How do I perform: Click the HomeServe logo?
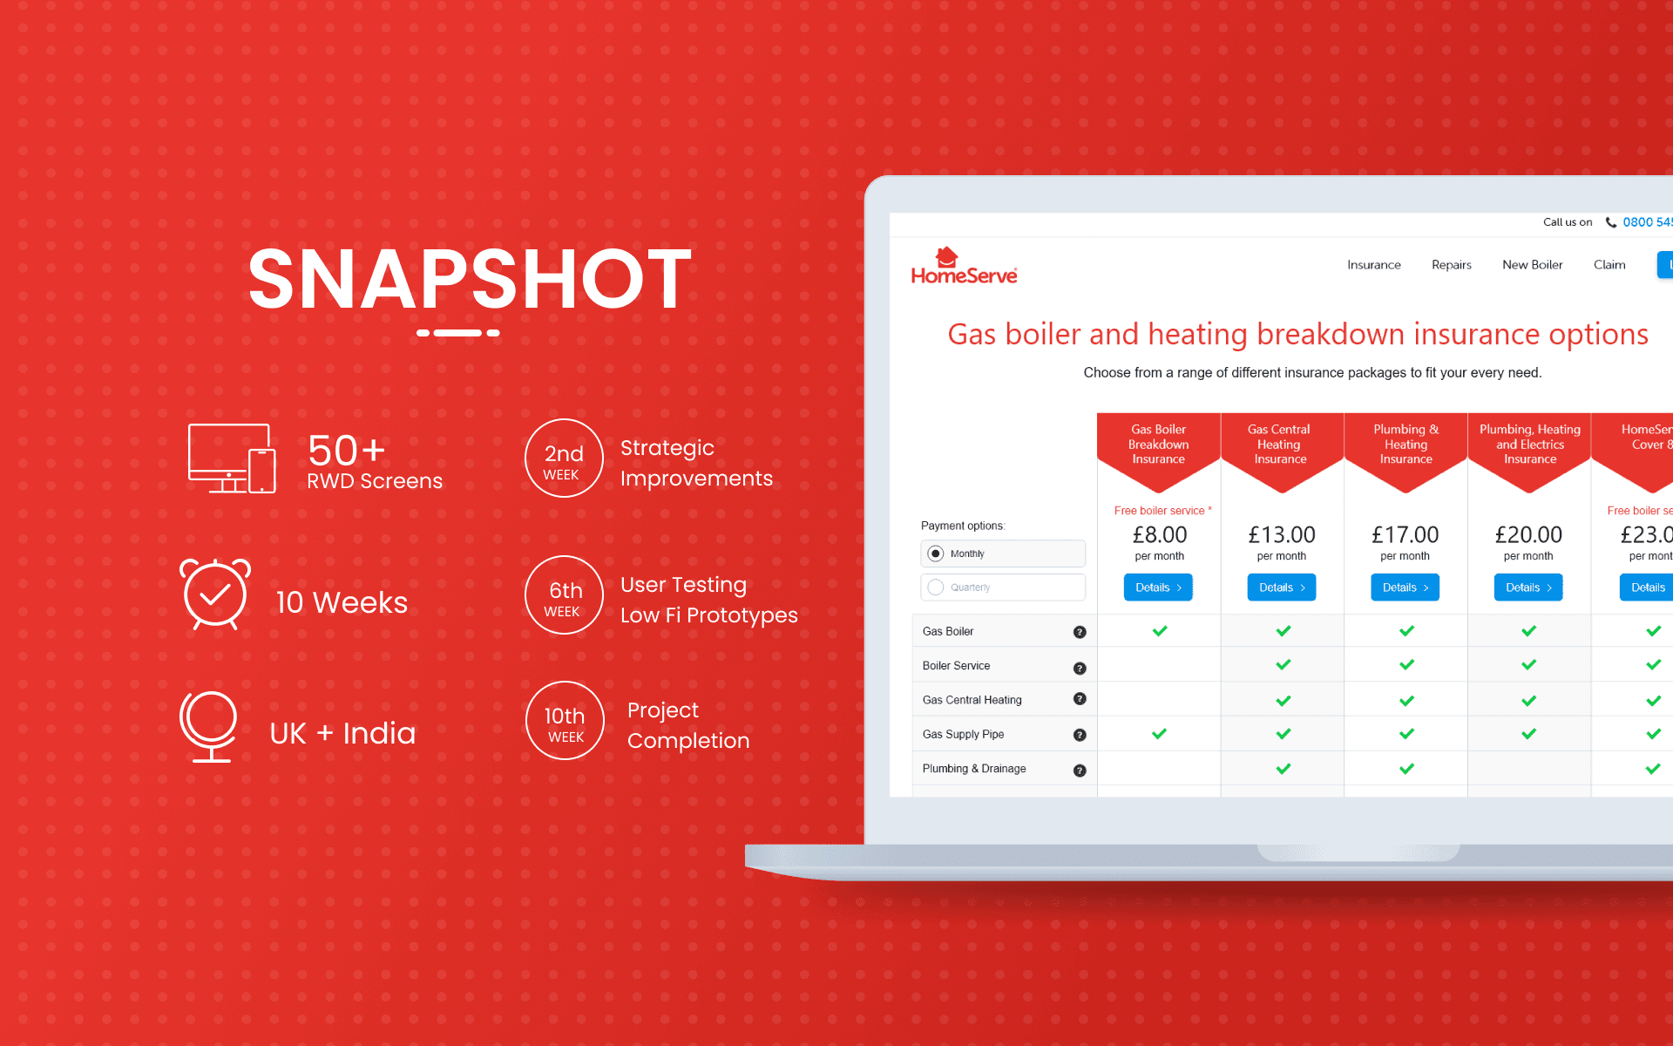click(x=964, y=267)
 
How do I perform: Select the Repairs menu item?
click(x=1451, y=265)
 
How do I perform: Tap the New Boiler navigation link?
click(x=1532, y=265)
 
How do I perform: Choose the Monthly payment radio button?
click(x=936, y=554)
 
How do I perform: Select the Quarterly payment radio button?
click(x=936, y=588)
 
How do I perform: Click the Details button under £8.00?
click(x=1158, y=588)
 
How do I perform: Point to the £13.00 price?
click(x=1282, y=534)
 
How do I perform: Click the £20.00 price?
click(x=1528, y=534)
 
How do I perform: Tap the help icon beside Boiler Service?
click(x=1080, y=668)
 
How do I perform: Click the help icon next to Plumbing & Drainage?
click(x=1080, y=771)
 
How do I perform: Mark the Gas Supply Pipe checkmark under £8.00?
click(x=1159, y=734)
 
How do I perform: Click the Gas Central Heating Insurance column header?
click(x=1280, y=445)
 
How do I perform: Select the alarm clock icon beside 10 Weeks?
click(x=215, y=594)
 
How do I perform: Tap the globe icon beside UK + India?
click(x=209, y=726)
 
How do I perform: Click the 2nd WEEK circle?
click(x=564, y=458)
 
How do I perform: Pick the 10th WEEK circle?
click(x=565, y=721)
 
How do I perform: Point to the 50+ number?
click(x=346, y=451)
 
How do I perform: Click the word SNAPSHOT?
click(x=470, y=280)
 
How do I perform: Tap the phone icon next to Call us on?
click(x=1611, y=222)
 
